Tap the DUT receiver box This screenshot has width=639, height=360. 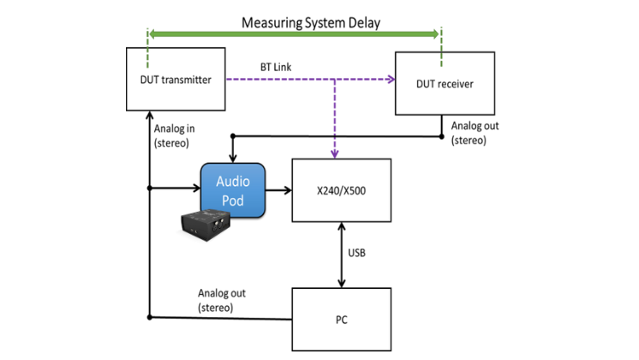pos(444,83)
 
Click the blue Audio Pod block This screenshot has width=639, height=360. pos(232,189)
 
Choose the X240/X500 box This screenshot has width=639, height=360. pos(342,190)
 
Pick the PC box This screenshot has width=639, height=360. pos(342,319)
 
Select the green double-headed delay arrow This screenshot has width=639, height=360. pos(295,34)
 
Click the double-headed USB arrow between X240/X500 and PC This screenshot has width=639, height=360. pos(343,255)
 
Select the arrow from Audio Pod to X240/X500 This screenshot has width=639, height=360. pos(278,190)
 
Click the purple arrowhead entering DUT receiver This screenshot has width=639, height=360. pos(390,81)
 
